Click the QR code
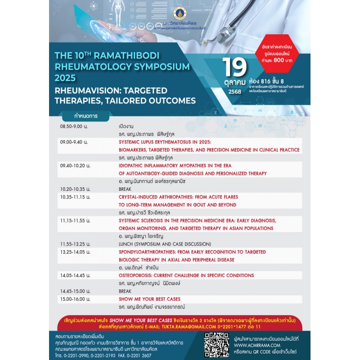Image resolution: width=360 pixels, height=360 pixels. pos(216,344)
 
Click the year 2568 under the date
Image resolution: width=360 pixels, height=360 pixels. pos(234,91)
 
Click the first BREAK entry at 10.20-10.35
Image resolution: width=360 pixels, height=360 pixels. pos(125,189)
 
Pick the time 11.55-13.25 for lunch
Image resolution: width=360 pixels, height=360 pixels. pos(75,244)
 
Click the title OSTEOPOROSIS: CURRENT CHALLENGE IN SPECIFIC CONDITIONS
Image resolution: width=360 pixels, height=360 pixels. pos(186,275)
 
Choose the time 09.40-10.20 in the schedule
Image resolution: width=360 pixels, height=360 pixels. pos(75,166)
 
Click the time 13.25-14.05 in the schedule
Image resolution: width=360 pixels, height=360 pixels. pos(75,252)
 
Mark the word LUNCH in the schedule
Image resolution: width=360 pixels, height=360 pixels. pos(127,244)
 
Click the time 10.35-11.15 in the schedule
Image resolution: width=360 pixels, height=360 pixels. pos(75,197)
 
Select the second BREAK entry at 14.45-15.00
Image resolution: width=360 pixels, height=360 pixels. pos(125,291)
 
